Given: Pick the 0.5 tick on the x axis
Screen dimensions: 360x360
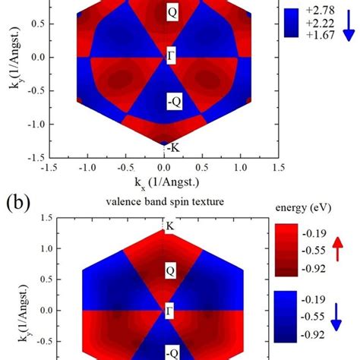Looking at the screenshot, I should click(x=203, y=166).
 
